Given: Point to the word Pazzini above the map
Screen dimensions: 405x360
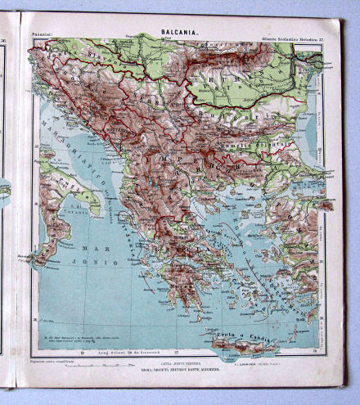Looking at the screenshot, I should click(42, 34).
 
